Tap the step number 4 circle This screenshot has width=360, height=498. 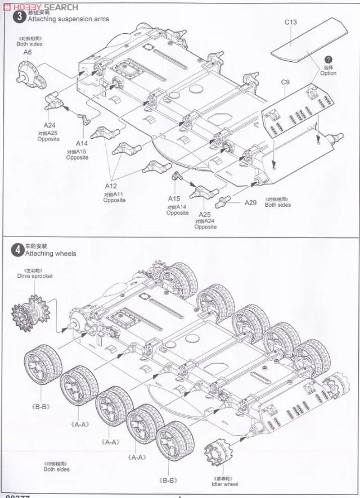coord(19,250)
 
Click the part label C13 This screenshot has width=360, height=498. coord(291,22)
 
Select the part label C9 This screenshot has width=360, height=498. coord(285,83)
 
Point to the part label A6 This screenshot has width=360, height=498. coord(28,52)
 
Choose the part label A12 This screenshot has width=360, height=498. coord(110,186)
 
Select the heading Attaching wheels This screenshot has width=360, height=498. coord(51,253)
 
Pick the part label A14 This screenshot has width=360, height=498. coord(82,144)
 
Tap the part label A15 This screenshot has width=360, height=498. coord(174,199)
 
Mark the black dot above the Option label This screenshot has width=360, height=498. coord(327,60)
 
